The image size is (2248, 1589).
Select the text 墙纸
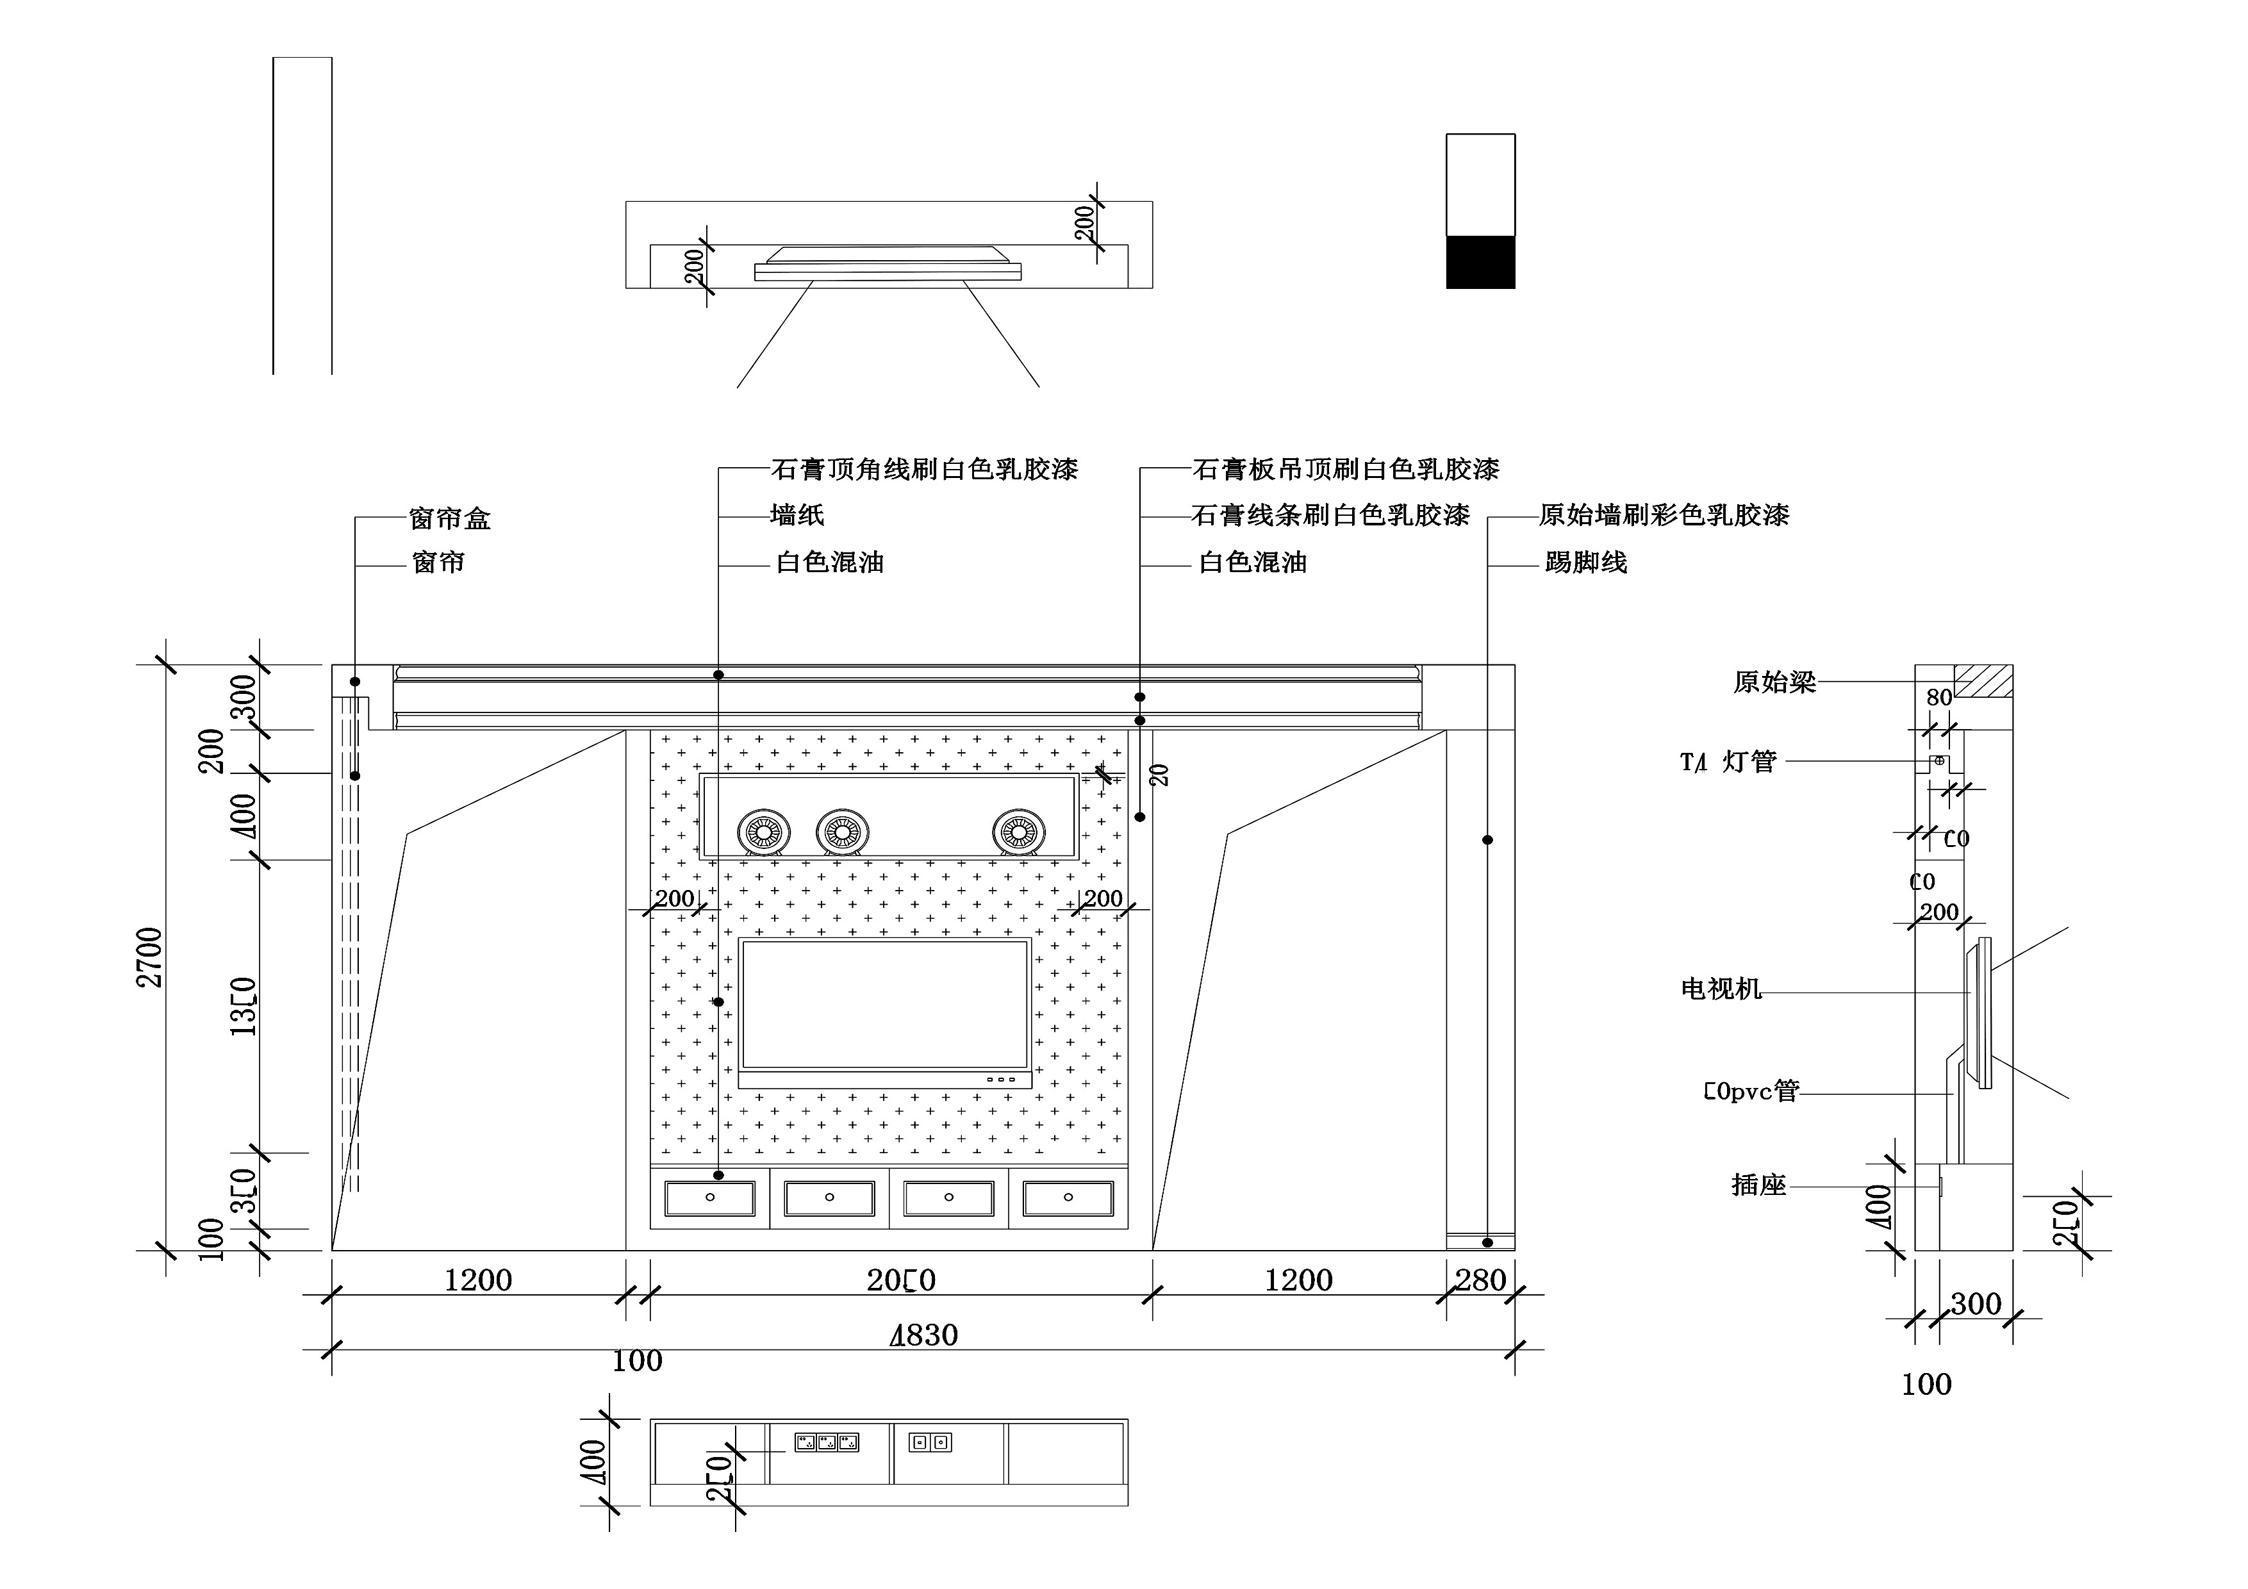click(797, 515)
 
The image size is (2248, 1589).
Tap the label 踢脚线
click(1585, 563)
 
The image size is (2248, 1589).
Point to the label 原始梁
click(1774, 682)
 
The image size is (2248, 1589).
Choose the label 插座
click(1758, 1185)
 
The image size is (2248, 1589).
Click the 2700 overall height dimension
click(150, 957)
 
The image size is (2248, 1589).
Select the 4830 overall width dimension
click(923, 1335)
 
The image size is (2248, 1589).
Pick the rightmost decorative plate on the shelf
click(1018, 832)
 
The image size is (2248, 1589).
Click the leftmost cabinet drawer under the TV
click(710, 1198)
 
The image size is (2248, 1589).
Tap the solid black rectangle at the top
click(1480, 263)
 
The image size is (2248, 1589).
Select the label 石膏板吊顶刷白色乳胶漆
click(1345, 470)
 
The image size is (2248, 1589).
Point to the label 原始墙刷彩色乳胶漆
click(1664, 515)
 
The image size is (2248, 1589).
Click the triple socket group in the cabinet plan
click(827, 1442)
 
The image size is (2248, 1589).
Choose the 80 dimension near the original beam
click(1938, 698)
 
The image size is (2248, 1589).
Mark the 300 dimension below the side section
click(1975, 1304)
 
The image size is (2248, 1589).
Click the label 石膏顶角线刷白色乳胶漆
click(924, 470)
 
